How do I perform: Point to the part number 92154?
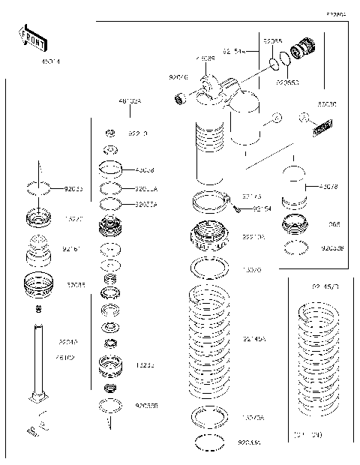point(262,209)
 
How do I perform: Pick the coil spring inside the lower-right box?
point(320,360)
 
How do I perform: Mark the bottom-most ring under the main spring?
point(209,442)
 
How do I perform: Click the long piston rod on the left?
point(37,360)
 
